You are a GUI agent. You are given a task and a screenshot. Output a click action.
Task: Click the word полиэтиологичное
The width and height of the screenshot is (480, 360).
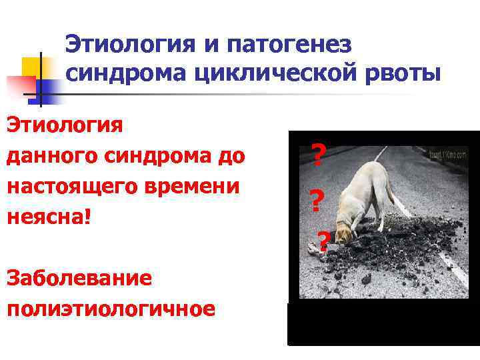[111, 308]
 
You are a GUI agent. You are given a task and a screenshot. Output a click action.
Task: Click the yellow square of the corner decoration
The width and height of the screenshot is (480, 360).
[32, 67]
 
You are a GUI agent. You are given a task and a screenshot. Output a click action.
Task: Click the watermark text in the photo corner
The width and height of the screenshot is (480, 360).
[447, 155]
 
